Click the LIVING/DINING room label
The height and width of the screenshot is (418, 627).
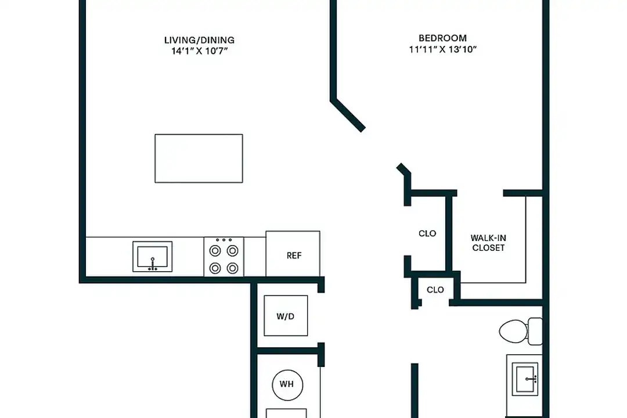[x=199, y=40]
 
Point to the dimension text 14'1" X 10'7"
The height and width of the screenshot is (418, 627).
[x=199, y=51]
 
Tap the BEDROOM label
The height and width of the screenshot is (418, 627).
[x=442, y=38]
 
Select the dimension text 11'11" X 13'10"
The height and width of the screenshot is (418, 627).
[x=442, y=49]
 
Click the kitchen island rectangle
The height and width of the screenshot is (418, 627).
[x=199, y=158]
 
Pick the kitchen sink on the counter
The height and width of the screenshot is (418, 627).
[x=153, y=256]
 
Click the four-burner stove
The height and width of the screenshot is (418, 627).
[x=224, y=257]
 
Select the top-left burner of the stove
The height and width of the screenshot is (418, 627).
[x=215, y=251]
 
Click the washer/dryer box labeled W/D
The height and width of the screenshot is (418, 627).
[x=286, y=316]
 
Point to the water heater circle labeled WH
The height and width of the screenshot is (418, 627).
[x=287, y=384]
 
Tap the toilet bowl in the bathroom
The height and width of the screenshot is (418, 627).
[x=512, y=331]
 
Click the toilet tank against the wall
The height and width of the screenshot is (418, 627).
[x=535, y=331]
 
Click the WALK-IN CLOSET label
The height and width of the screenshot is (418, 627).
[x=488, y=243]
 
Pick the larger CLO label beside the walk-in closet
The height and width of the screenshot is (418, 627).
[x=427, y=233]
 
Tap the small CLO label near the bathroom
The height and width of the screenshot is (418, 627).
[x=435, y=290]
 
